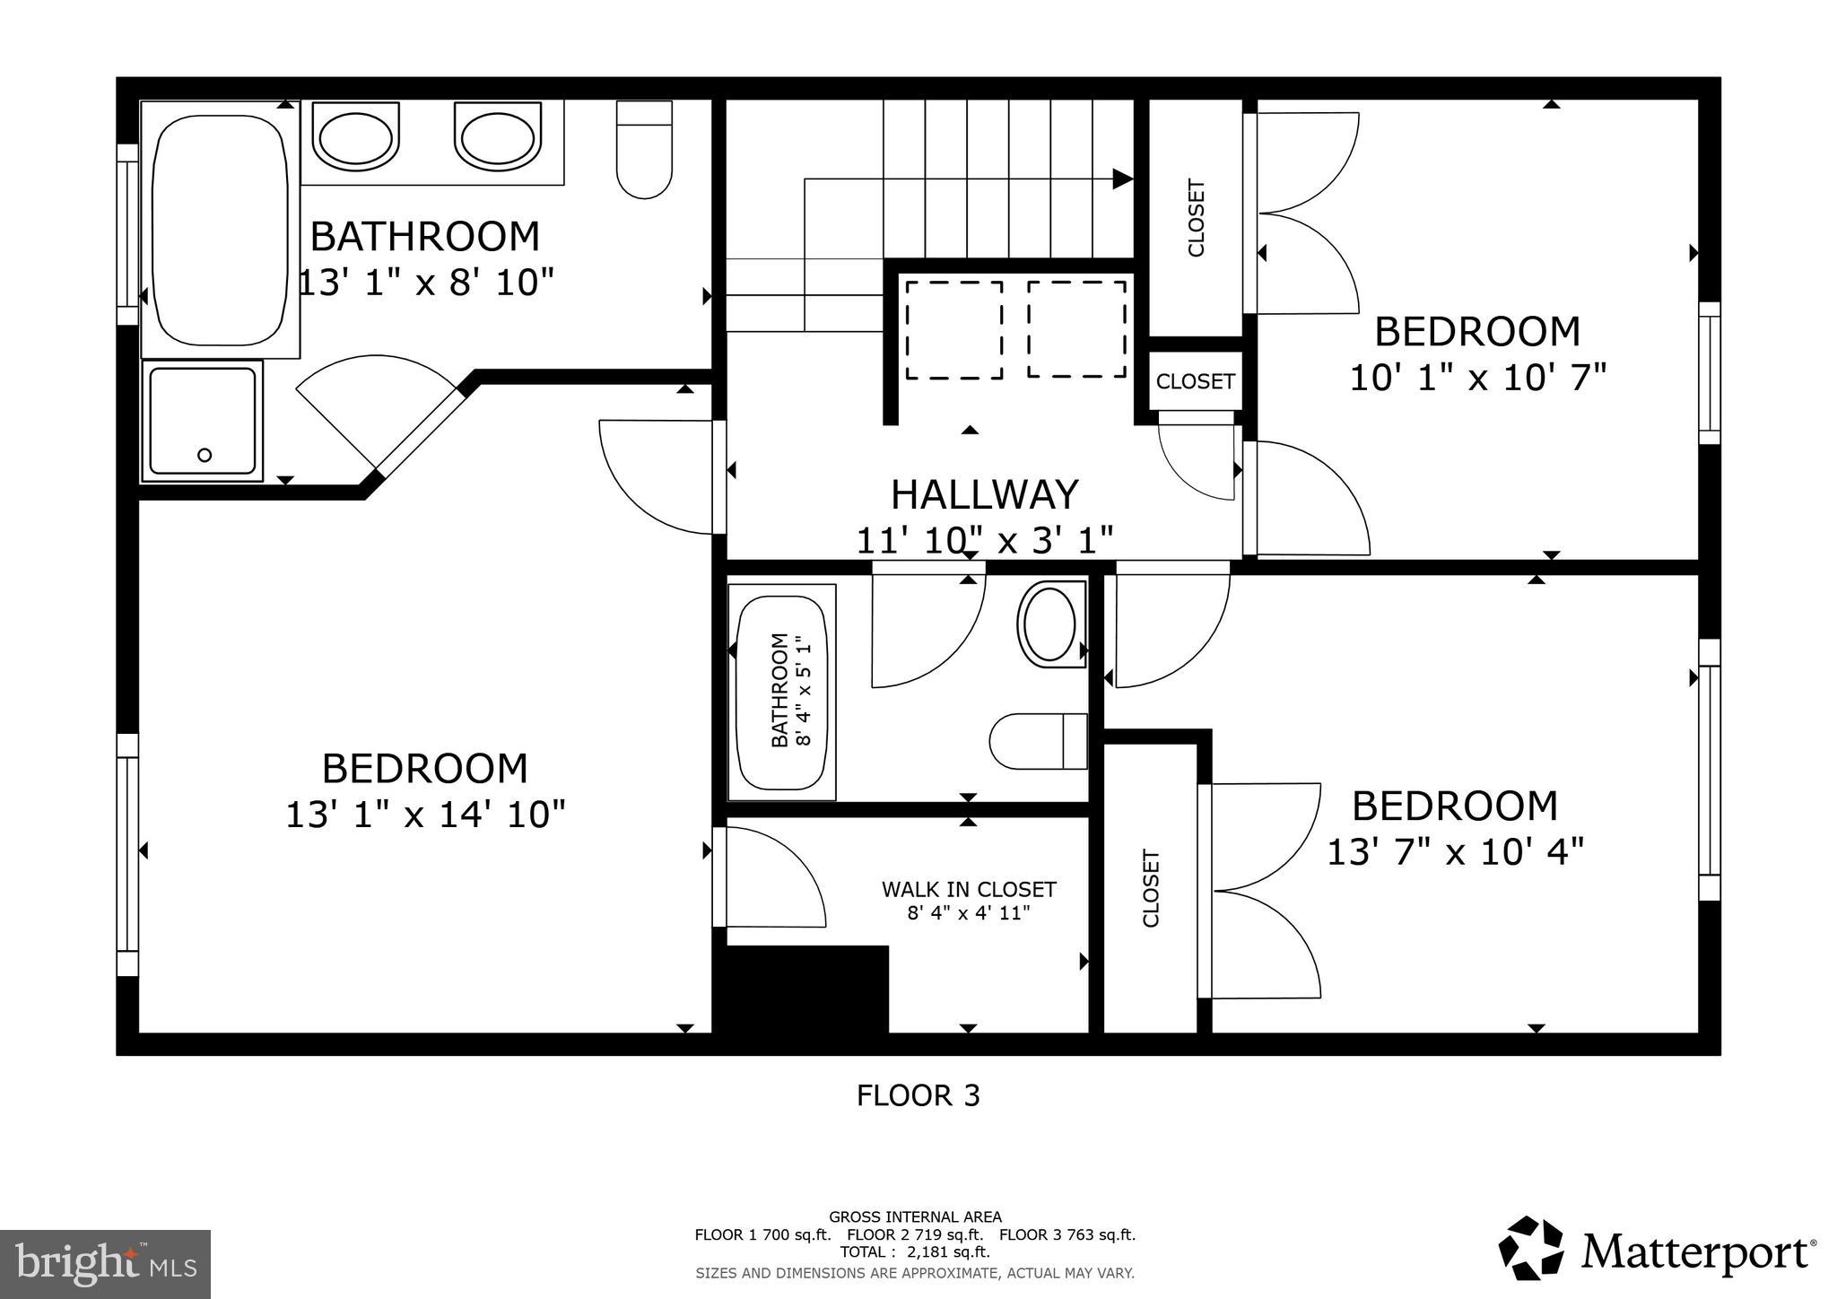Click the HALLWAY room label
click(984, 494)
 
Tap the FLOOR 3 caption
click(918, 1095)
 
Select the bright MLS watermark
click(105, 1264)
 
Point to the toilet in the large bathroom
click(644, 149)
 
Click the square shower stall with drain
click(203, 421)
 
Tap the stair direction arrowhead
click(1122, 179)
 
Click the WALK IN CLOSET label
click(969, 889)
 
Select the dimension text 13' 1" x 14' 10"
click(425, 815)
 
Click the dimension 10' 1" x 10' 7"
click(1477, 378)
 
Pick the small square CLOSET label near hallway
click(1195, 381)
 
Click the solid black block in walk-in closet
click(805, 989)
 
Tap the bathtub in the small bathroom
click(781, 691)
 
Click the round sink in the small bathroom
click(1049, 624)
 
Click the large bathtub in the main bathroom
click(220, 229)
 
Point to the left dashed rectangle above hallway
click(953, 329)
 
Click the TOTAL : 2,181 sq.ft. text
click(915, 1251)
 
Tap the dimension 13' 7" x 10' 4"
click(1454, 851)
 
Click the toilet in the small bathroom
click(1039, 741)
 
